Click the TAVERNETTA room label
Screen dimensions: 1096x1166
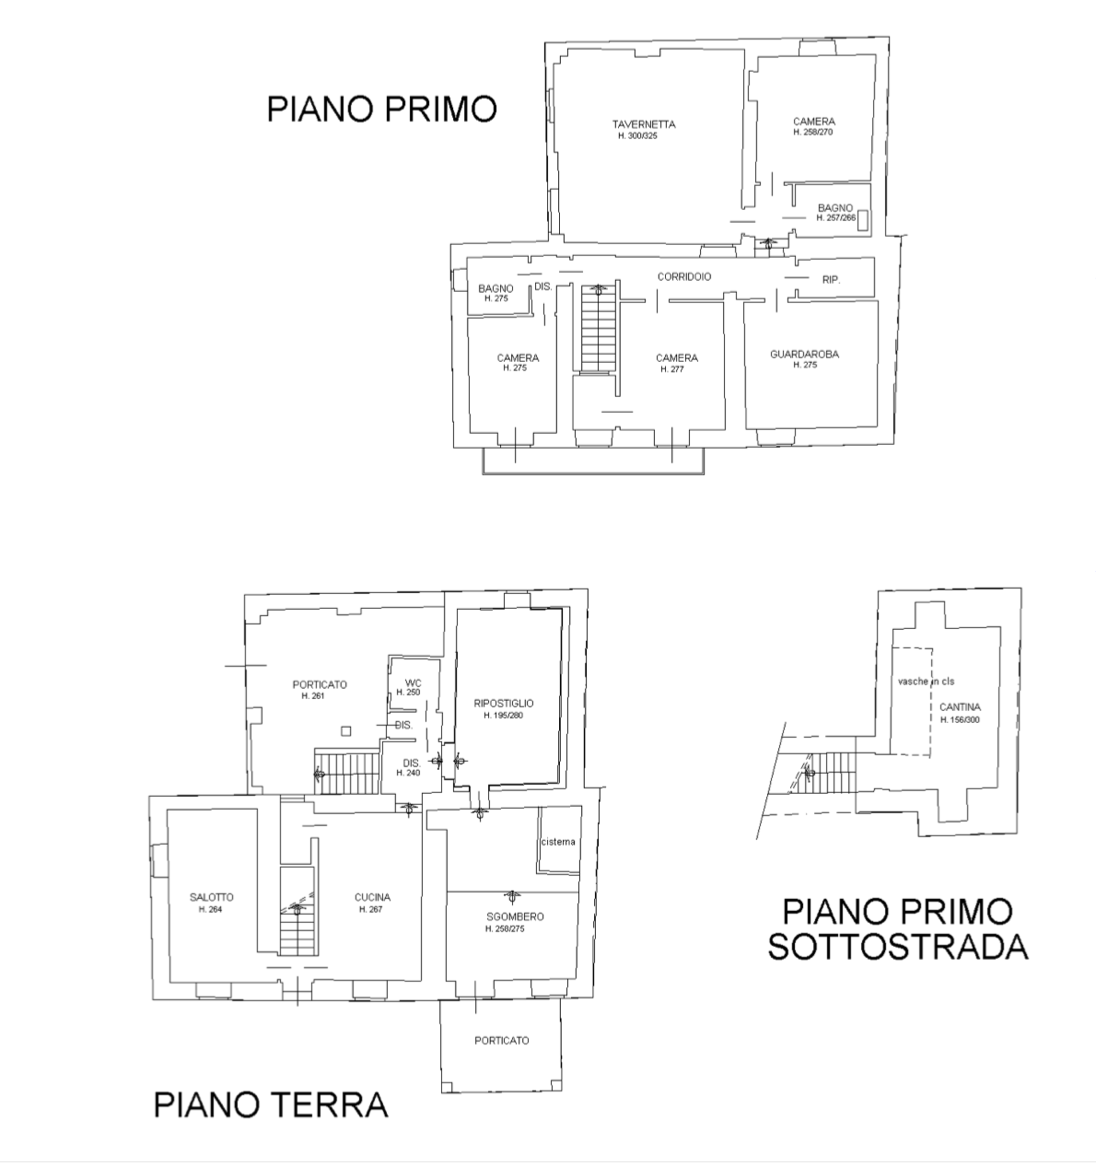[x=644, y=124]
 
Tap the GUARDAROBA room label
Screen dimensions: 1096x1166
[x=804, y=354]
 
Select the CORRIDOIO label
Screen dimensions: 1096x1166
[x=684, y=276]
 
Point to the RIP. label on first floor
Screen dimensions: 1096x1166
[x=831, y=280]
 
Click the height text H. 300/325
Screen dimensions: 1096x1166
[x=637, y=136]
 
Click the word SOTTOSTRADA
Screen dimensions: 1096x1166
[x=897, y=947]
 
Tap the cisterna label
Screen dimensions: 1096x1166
[x=558, y=842]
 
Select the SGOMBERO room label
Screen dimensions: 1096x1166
[x=515, y=916]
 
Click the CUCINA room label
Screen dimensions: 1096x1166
[x=372, y=897]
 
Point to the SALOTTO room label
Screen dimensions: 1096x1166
[x=212, y=897]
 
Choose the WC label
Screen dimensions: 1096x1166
[x=413, y=682]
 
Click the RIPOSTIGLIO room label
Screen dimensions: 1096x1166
[x=504, y=704]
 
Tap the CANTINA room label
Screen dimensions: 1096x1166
[x=960, y=707]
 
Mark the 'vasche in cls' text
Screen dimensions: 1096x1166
[x=926, y=682]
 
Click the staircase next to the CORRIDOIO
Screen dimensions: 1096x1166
[x=598, y=328]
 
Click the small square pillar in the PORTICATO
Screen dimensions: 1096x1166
[x=346, y=731]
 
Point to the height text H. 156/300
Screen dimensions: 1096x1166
[x=960, y=720]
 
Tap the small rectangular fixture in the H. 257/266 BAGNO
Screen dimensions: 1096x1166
[x=863, y=220]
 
